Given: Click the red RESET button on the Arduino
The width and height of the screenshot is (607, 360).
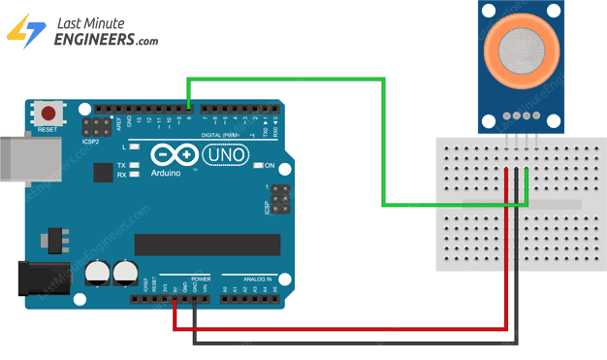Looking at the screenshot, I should pos(46,112).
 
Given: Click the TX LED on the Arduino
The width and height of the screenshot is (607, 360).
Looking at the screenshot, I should pos(135,166).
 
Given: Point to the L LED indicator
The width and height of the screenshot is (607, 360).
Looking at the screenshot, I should pos(135,147).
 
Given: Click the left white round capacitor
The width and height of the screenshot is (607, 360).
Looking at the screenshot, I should pos(97,274).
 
